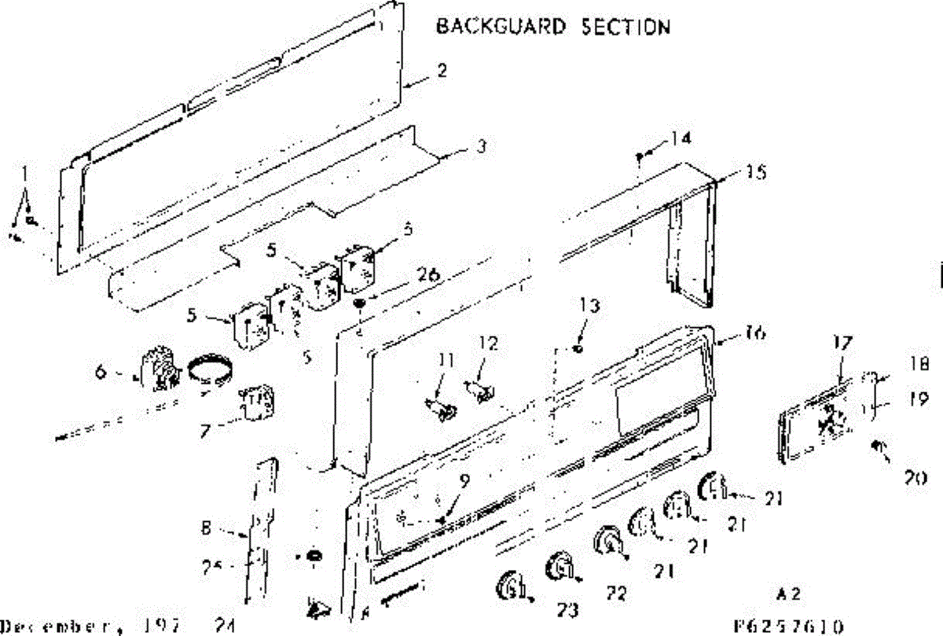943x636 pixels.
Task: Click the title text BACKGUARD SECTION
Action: point(553,27)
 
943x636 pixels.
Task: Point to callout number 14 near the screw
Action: point(680,140)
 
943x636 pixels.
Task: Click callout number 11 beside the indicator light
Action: point(446,362)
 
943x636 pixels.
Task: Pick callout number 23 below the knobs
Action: point(568,609)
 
